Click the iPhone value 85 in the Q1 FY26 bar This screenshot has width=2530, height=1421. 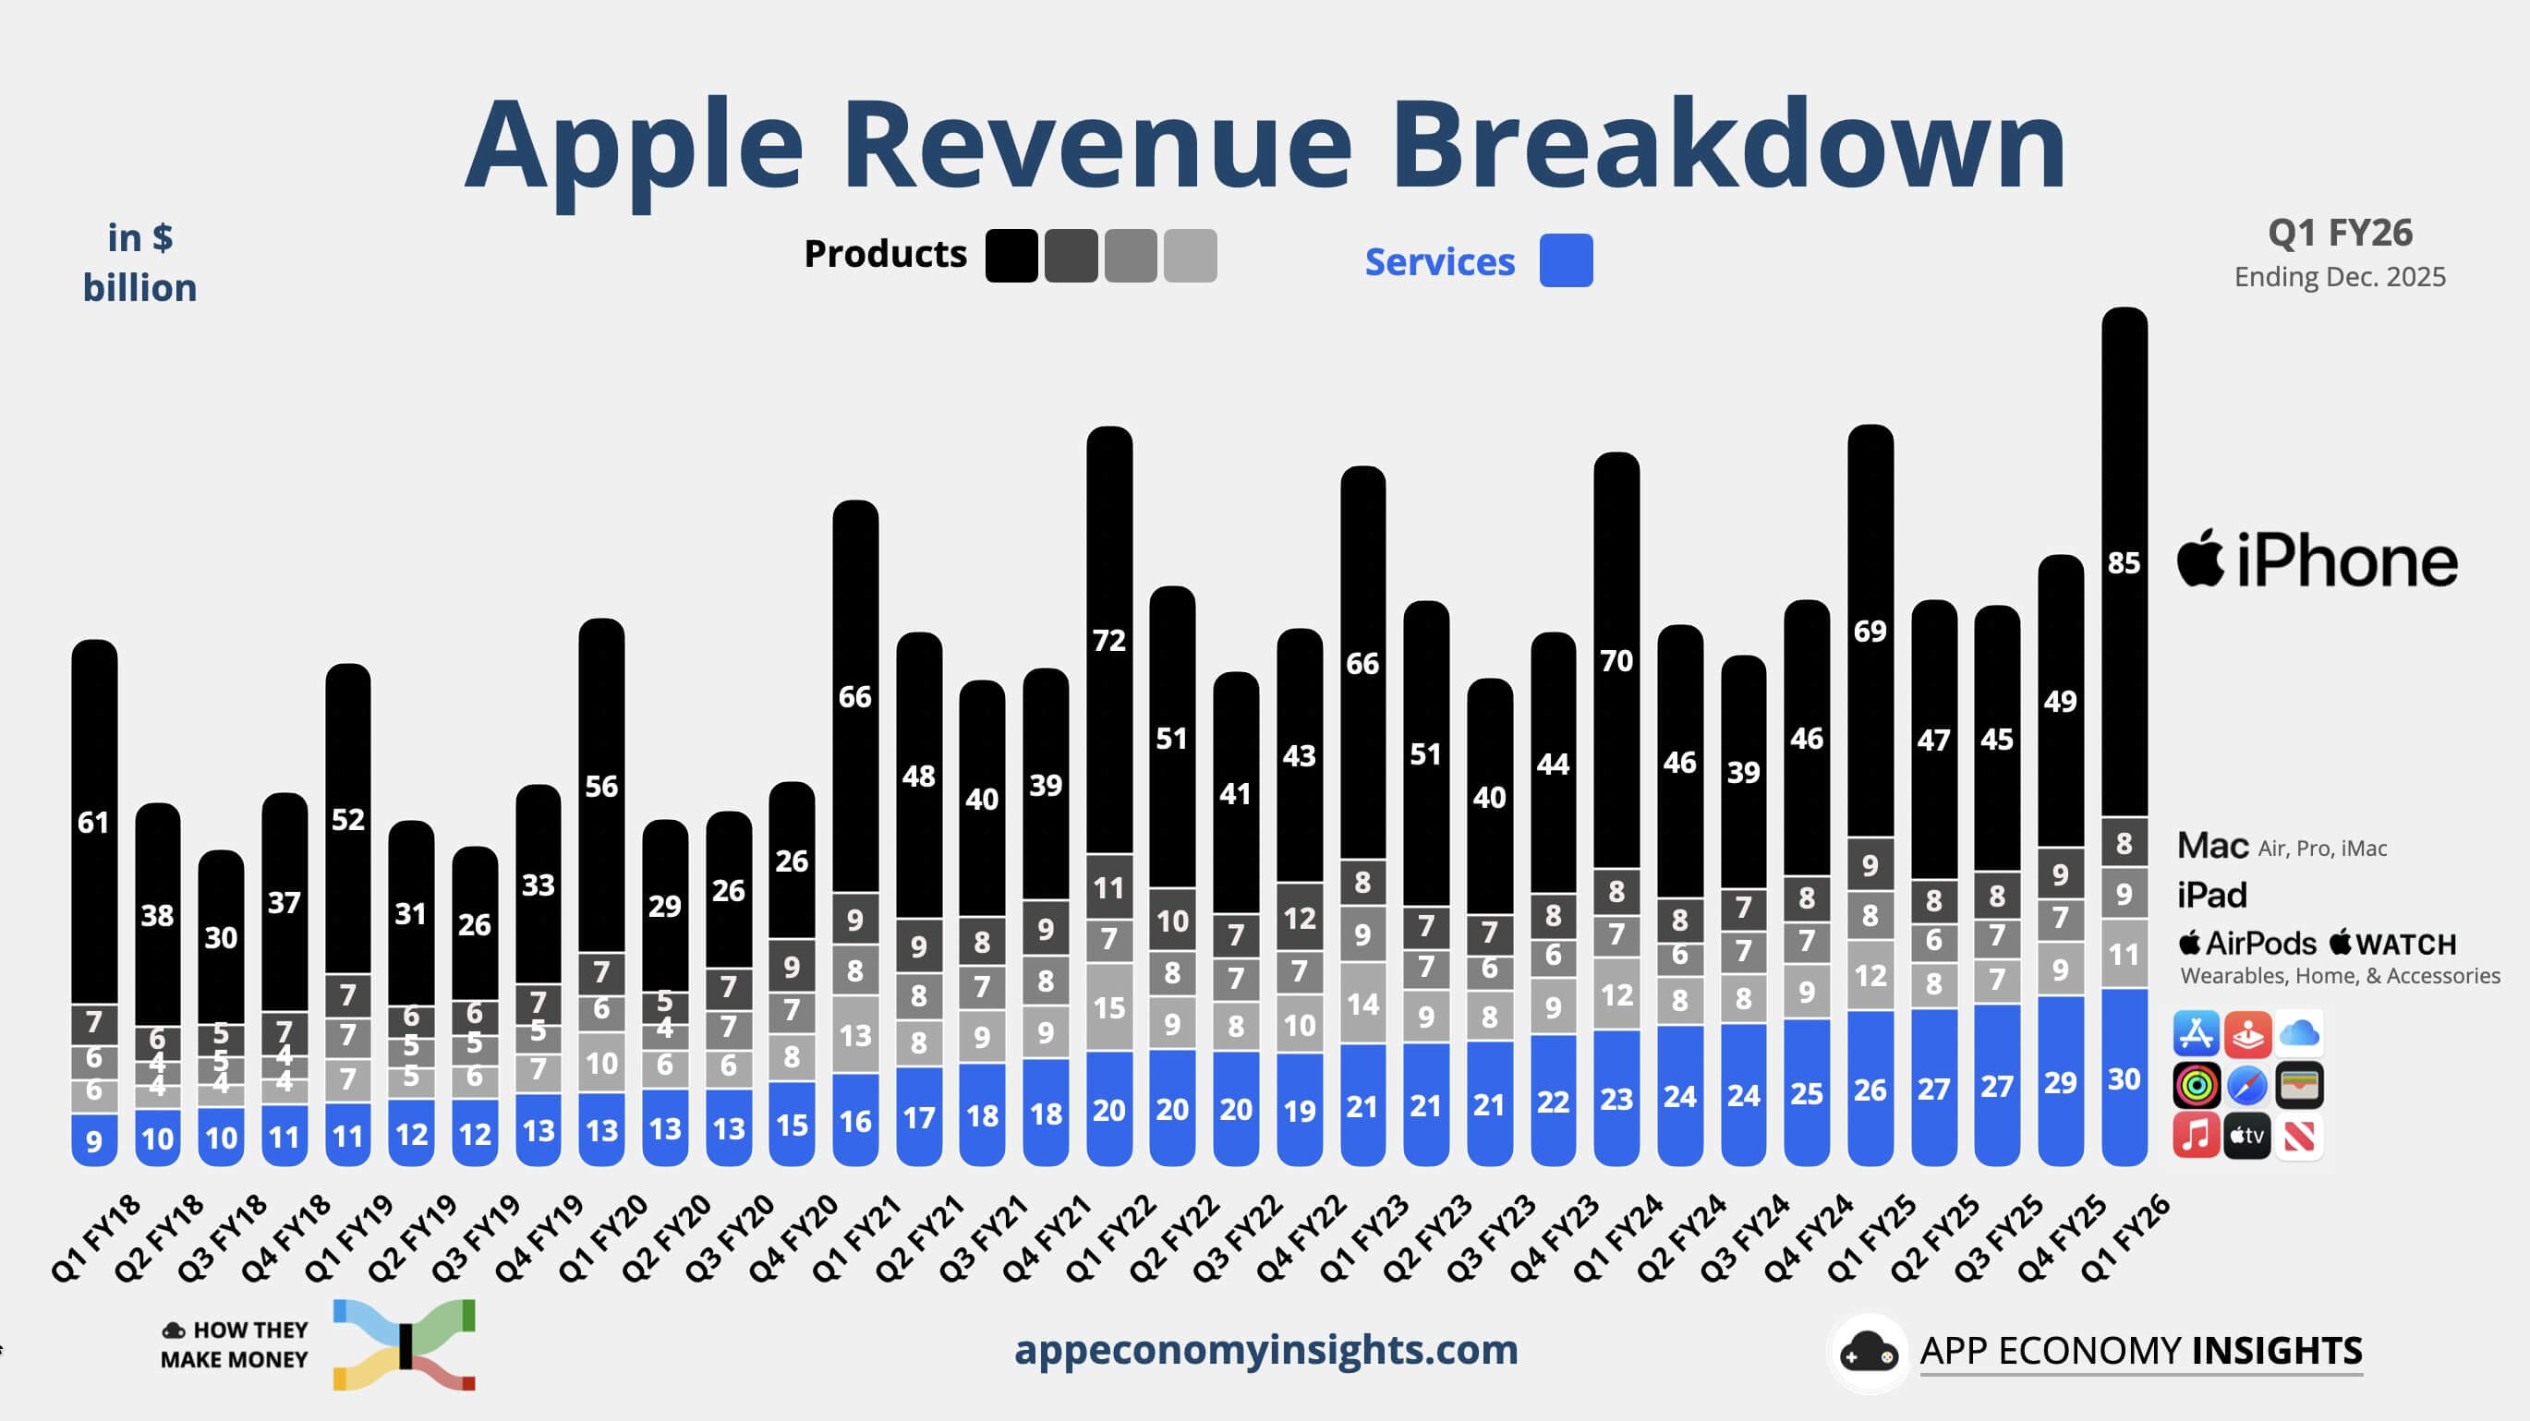(2124, 562)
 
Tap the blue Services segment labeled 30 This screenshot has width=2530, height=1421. (2124, 1078)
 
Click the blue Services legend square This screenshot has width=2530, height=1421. (1566, 260)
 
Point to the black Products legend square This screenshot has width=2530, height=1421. (1011, 256)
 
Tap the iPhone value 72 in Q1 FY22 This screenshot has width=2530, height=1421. (1108, 640)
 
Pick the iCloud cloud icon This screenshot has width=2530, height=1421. (2299, 1033)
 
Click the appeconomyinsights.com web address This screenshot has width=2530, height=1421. (1265, 1349)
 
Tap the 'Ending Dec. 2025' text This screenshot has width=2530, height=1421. (2340, 277)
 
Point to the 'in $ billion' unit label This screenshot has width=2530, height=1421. (139, 263)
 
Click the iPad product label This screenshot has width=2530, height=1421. (2211, 895)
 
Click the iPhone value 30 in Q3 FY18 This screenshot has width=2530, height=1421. (221, 937)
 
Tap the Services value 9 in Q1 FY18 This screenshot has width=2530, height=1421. (94, 1140)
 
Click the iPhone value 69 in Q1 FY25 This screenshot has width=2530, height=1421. (1870, 631)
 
